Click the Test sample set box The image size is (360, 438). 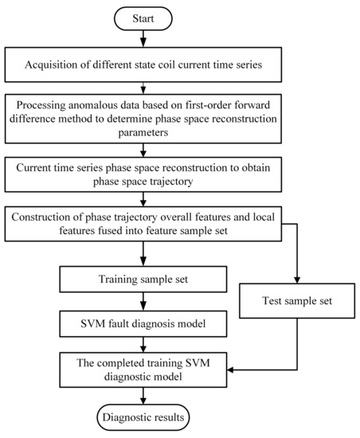click(x=296, y=302)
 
